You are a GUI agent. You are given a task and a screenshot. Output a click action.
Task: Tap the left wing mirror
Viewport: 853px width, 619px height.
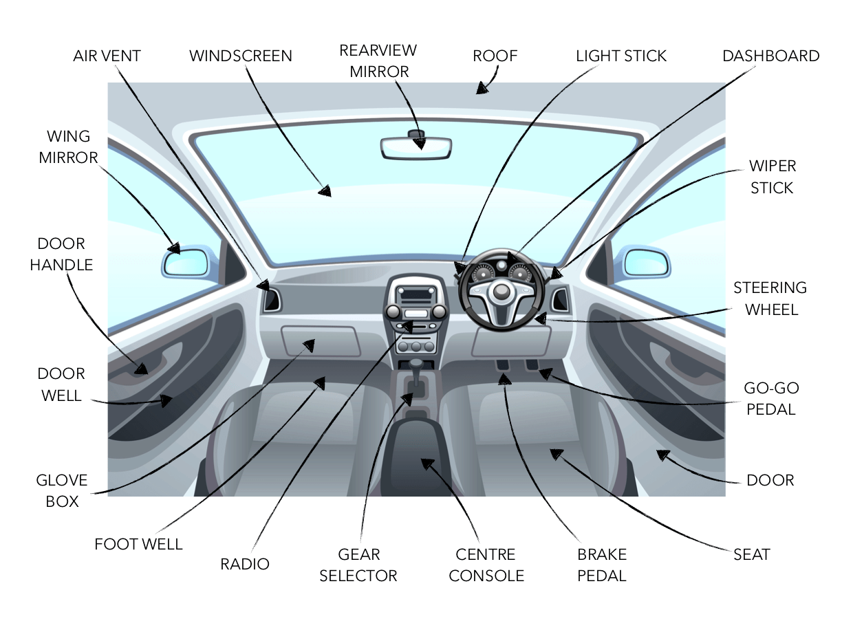(186, 262)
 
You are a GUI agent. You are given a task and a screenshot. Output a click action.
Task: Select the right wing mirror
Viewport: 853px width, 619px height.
(647, 262)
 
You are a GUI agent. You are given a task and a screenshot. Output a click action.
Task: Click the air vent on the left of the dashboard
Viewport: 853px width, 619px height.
(272, 300)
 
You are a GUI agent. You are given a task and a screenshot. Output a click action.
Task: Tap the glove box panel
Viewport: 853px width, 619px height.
(321, 341)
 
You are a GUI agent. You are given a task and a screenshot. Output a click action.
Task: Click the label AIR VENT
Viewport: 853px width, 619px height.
(107, 56)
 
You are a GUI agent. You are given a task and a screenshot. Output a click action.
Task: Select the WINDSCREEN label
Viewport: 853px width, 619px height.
(241, 56)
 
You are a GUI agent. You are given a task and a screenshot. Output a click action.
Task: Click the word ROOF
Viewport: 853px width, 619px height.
(495, 56)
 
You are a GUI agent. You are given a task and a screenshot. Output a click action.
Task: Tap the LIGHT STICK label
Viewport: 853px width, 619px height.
(621, 56)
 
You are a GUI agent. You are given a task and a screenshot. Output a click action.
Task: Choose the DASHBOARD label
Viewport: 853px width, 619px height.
(771, 56)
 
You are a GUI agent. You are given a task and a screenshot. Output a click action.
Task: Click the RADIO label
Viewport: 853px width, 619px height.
(245, 564)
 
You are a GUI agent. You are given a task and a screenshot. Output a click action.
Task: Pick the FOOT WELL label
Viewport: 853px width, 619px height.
(139, 544)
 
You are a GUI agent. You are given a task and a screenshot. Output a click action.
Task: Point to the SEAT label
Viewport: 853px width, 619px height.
(752, 554)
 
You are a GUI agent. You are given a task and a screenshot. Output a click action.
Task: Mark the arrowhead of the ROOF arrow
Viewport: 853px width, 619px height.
(482, 88)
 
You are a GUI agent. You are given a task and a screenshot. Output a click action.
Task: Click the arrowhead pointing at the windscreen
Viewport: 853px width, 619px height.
(325, 191)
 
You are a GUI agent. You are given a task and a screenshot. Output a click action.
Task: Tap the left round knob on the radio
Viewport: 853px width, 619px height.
(393, 312)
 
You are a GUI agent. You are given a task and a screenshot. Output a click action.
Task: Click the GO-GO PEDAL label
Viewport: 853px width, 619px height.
(771, 399)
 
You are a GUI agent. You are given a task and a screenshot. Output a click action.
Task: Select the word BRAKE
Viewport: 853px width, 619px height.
(602, 554)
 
